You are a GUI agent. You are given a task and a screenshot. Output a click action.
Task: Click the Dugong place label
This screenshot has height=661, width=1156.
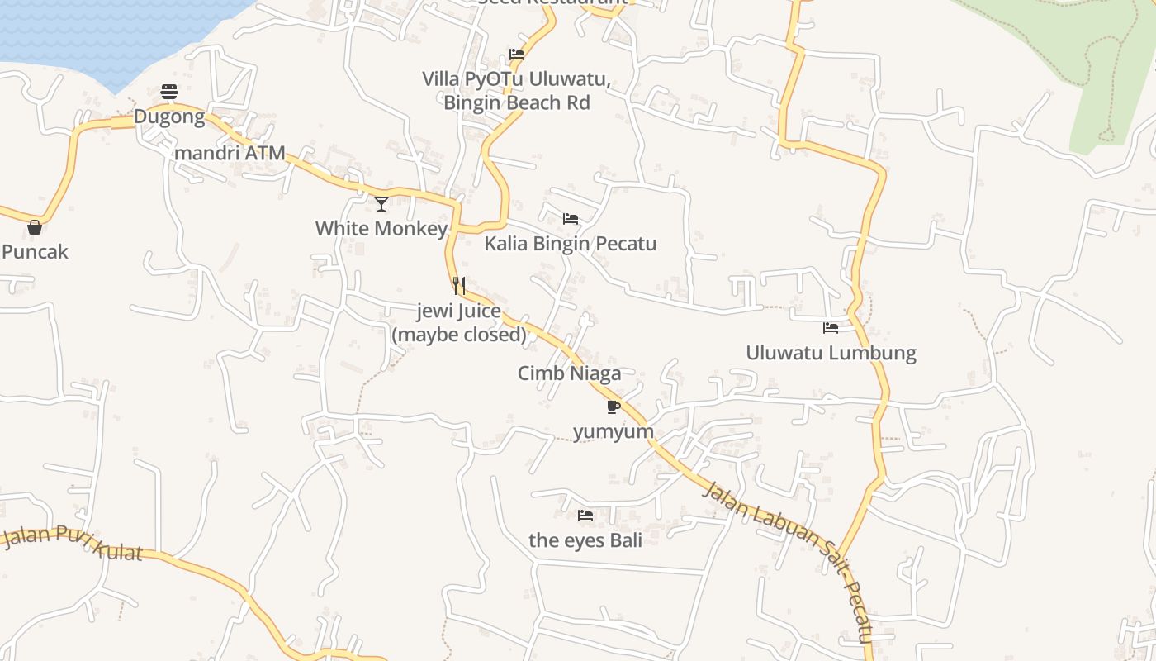169,117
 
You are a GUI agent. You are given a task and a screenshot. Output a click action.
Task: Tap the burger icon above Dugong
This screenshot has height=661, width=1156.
169,91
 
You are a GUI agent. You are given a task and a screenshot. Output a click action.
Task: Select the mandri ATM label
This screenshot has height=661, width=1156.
230,153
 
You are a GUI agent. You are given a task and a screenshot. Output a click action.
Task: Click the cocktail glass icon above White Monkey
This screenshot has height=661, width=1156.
381,203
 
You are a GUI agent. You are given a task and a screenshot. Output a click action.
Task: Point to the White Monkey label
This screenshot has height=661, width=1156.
381,228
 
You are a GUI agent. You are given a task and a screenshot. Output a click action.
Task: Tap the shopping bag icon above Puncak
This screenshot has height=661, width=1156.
35,226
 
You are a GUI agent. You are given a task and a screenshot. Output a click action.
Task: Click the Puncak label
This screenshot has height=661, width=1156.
35,252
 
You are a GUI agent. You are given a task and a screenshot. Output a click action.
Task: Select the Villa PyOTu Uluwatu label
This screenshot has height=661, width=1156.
517,91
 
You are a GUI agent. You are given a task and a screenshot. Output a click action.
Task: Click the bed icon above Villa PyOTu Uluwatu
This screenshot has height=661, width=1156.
517,55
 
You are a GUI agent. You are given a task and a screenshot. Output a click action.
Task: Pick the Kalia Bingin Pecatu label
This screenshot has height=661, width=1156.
570,244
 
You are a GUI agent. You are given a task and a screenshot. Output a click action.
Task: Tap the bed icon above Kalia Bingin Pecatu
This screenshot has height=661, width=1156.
571,219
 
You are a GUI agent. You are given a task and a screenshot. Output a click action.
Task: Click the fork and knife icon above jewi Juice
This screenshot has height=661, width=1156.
459,286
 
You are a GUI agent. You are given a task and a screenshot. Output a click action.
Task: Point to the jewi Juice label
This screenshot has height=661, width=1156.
459,322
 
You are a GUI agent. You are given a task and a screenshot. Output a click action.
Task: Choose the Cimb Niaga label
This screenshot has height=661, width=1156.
569,373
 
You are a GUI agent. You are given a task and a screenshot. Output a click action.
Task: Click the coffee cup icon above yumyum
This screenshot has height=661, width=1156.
613,407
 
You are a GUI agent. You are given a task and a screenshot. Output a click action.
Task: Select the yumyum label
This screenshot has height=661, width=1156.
614,431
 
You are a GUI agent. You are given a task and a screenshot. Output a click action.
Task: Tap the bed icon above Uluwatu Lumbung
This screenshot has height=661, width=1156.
831,328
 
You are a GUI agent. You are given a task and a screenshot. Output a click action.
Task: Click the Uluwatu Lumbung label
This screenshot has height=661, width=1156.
831,353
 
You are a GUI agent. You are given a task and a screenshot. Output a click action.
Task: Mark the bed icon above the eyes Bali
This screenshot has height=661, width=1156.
585,516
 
